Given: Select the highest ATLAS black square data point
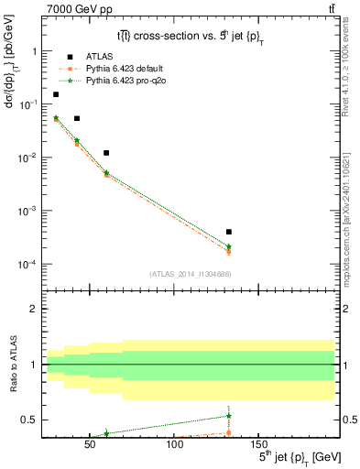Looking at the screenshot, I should click(56, 94).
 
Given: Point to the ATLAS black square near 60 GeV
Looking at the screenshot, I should click(106, 153).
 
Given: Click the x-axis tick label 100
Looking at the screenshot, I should click(174, 444).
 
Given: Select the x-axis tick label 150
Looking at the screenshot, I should click(258, 444).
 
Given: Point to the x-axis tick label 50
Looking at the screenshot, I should click(90, 444).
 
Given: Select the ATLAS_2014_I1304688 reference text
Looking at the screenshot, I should click(188, 274).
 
